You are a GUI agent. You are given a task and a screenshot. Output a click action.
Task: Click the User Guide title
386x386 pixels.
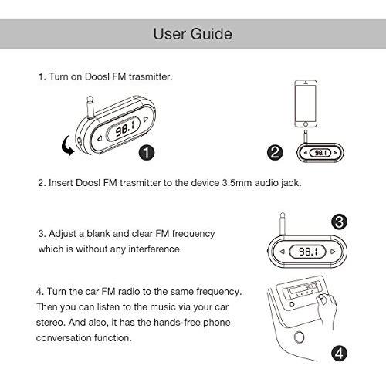193,34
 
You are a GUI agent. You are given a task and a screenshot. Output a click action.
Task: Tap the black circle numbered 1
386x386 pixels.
147,152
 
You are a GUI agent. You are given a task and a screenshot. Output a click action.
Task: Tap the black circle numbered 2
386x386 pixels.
275,152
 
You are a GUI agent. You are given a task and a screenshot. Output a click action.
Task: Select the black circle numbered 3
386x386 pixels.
339,222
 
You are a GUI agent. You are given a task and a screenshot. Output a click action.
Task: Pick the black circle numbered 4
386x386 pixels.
339,353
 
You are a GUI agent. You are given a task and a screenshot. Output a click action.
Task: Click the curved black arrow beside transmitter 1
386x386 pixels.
67,146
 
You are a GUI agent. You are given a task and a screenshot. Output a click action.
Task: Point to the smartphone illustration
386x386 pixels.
306,103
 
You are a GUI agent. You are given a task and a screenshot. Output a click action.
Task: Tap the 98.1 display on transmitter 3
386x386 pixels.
308,252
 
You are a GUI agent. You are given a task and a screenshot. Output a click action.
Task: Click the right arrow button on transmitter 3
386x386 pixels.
333,252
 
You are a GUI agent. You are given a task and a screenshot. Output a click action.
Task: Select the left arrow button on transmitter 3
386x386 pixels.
283,252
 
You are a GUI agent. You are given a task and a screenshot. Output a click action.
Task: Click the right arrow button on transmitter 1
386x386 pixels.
146,119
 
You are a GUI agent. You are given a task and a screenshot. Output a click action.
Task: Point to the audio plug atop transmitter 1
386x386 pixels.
90,107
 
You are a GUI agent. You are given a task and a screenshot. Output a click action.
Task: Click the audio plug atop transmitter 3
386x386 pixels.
283,223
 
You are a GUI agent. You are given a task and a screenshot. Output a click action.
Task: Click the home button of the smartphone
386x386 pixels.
306,124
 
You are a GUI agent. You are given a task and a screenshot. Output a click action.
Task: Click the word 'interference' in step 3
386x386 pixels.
154,249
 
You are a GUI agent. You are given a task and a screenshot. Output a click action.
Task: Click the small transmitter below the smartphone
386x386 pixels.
320,153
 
